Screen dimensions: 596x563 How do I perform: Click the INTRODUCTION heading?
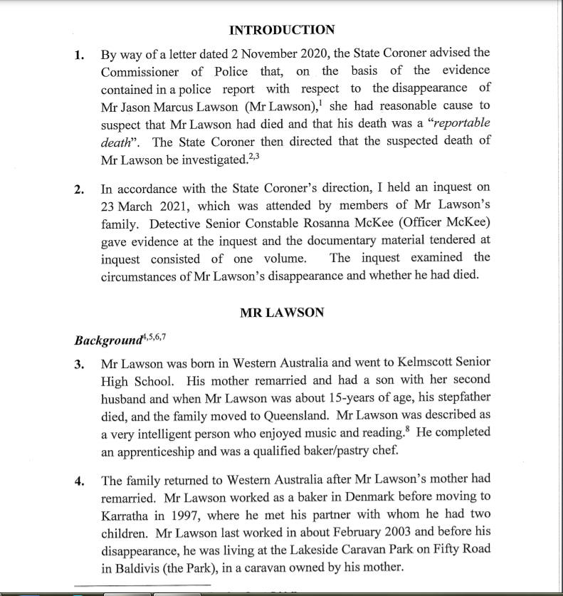(x=282, y=30)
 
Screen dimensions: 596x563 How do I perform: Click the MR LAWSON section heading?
(x=282, y=312)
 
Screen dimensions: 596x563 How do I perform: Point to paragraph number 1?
(x=80, y=54)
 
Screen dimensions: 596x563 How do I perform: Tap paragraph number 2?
(x=80, y=189)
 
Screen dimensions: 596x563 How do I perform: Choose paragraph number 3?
(x=80, y=363)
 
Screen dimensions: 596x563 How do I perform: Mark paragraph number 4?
(x=80, y=480)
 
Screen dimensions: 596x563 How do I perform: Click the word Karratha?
(x=128, y=514)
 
